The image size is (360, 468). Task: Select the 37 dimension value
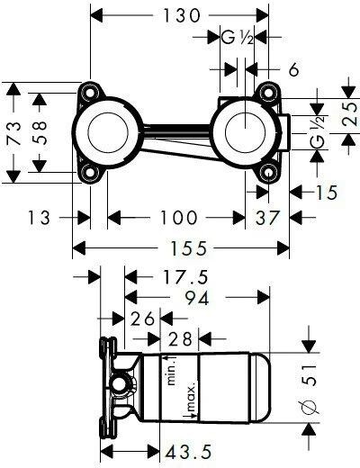266,217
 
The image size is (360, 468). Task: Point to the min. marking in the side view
172,369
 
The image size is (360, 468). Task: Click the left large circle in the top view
109,133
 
